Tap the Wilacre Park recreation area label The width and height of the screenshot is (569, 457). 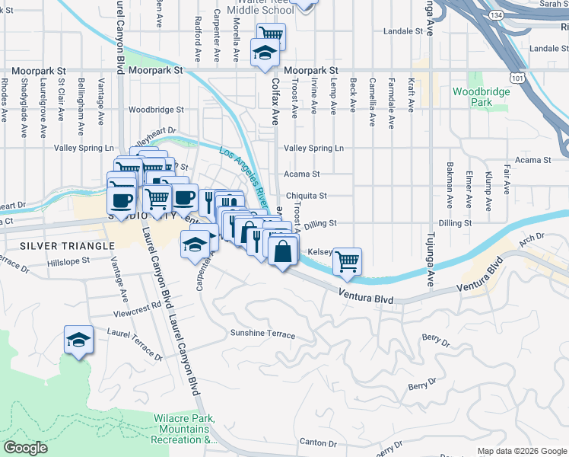click(x=183, y=429)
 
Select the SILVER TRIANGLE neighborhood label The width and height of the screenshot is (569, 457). click(x=56, y=246)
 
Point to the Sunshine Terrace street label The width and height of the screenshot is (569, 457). click(x=262, y=334)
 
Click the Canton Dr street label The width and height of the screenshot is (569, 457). click(x=318, y=443)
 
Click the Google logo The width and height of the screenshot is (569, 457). click(x=25, y=448)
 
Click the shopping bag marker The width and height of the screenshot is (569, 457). click(x=281, y=251)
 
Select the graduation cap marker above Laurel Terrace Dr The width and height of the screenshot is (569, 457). click(x=78, y=340)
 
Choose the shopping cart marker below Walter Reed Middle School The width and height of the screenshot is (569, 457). click(x=271, y=34)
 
